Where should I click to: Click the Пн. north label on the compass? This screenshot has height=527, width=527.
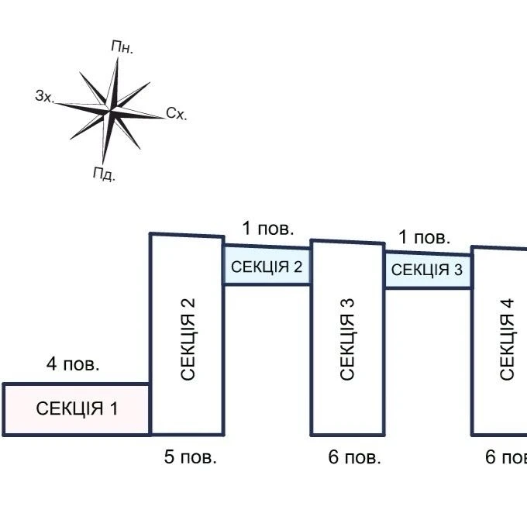(x=122, y=47)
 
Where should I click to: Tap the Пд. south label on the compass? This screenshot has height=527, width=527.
(x=104, y=174)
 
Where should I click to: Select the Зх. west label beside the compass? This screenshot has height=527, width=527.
(x=45, y=96)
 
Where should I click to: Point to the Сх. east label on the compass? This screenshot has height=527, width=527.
(x=177, y=114)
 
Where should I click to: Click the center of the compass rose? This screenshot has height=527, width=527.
(x=110, y=110)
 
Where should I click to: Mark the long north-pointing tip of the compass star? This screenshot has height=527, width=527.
(x=118, y=58)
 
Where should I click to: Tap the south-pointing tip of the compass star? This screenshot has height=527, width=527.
(x=102, y=164)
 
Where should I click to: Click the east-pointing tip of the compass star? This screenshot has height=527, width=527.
(x=164, y=118)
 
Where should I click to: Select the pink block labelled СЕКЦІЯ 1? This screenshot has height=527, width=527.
(x=76, y=409)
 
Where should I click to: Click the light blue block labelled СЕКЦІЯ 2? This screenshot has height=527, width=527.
(x=267, y=266)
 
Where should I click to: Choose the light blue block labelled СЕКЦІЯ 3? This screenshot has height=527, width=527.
(x=428, y=270)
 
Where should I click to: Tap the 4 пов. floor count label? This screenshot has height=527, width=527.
(x=73, y=364)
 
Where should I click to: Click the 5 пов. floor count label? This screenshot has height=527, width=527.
(x=190, y=457)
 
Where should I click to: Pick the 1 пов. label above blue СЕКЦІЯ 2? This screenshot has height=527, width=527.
(x=268, y=229)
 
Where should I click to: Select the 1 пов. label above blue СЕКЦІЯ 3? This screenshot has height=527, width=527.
(x=424, y=237)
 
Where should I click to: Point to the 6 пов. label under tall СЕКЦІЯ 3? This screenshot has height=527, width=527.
(x=355, y=457)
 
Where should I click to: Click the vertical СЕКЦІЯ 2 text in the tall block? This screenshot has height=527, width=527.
(x=188, y=339)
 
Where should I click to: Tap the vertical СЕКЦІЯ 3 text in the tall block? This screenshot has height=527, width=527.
(x=347, y=339)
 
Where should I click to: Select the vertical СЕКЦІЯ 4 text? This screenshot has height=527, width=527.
(x=507, y=339)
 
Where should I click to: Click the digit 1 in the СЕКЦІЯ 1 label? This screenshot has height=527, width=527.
(x=114, y=408)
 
